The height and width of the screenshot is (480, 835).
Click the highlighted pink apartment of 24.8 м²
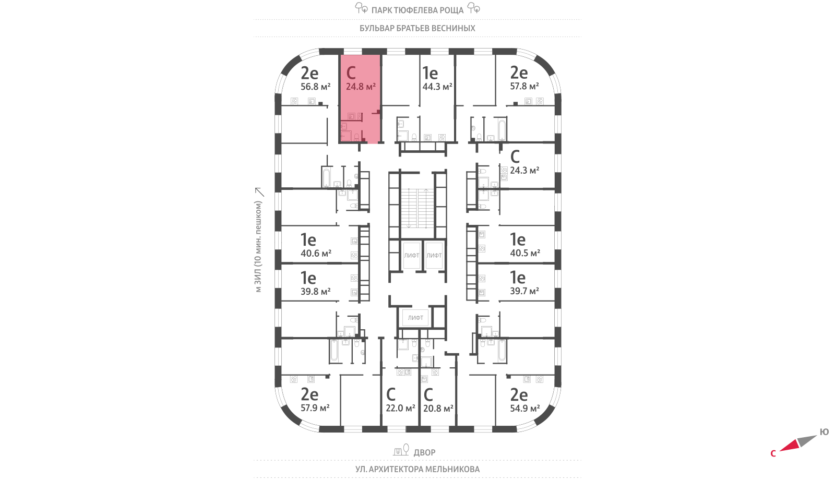[360, 99]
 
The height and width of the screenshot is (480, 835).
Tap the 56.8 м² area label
[315, 87]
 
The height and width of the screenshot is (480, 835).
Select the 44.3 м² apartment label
[437, 87]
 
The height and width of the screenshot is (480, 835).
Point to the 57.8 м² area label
[524, 86]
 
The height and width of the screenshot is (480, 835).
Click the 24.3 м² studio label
[524, 171]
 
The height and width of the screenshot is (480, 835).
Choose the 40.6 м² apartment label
[316, 254]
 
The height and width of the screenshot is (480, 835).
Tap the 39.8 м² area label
[315, 292]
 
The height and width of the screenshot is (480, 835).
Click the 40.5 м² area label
[524, 253]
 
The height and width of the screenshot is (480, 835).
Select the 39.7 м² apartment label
[524, 291]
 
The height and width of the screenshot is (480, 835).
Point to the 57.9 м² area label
[315, 408]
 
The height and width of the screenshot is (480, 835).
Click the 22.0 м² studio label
[400, 408]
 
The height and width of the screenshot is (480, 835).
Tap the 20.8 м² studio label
[438, 409]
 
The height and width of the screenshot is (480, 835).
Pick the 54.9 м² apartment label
[524, 409]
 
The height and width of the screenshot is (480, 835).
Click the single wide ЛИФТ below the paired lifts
[416, 318]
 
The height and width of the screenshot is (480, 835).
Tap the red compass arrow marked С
[789, 446]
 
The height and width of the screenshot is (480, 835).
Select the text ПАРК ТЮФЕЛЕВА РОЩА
[417, 10]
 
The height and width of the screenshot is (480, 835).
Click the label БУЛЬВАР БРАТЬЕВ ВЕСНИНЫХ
[417, 28]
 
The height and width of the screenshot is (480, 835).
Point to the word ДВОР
[424, 452]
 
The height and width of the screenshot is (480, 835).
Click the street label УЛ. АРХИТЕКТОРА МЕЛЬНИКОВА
[417, 469]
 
